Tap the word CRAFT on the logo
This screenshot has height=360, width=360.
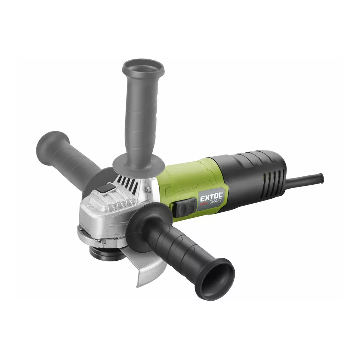point(216,201)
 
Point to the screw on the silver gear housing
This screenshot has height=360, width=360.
point(148,189)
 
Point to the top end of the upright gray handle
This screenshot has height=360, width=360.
point(143,67)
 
